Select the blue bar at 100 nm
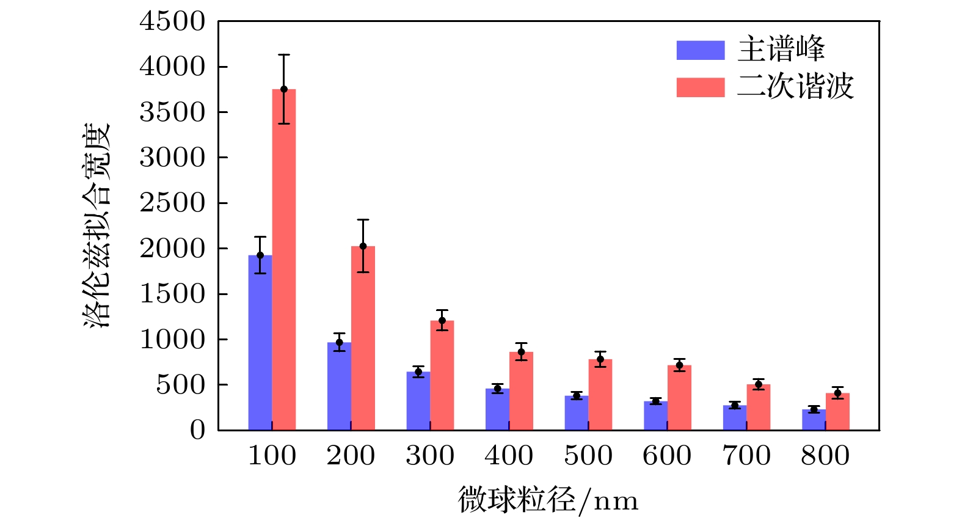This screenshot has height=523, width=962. pyautogui.click(x=260, y=342)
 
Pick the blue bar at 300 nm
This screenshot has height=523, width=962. pyautogui.click(x=418, y=401)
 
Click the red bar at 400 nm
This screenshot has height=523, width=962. pyautogui.click(x=521, y=391)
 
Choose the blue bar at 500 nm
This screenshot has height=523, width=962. pyautogui.click(x=576, y=413)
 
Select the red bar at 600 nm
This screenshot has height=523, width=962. pyautogui.click(x=679, y=398)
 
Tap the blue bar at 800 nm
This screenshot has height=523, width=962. pyautogui.click(x=814, y=420)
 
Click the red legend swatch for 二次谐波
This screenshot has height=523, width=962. pyautogui.click(x=701, y=87)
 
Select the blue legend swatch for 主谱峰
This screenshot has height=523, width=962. pyautogui.click(x=701, y=50)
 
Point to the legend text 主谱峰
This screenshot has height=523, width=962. pyautogui.click(x=781, y=49)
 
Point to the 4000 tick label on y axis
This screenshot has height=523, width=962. pyautogui.click(x=172, y=67)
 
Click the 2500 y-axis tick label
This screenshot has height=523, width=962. pyautogui.click(x=172, y=203)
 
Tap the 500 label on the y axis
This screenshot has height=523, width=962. pyautogui.click(x=180, y=385)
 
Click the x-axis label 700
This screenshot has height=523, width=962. pyautogui.click(x=746, y=456)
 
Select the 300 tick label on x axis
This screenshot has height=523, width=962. pyautogui.click(x=430, y=456)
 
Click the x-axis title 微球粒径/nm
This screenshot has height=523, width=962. pyautogui.click(x=548, y=500)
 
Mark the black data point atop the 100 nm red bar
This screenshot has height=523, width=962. pyautogui.click(x=284, y=89)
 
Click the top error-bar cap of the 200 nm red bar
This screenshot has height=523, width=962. pyautogui.click(x=363, y=219)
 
